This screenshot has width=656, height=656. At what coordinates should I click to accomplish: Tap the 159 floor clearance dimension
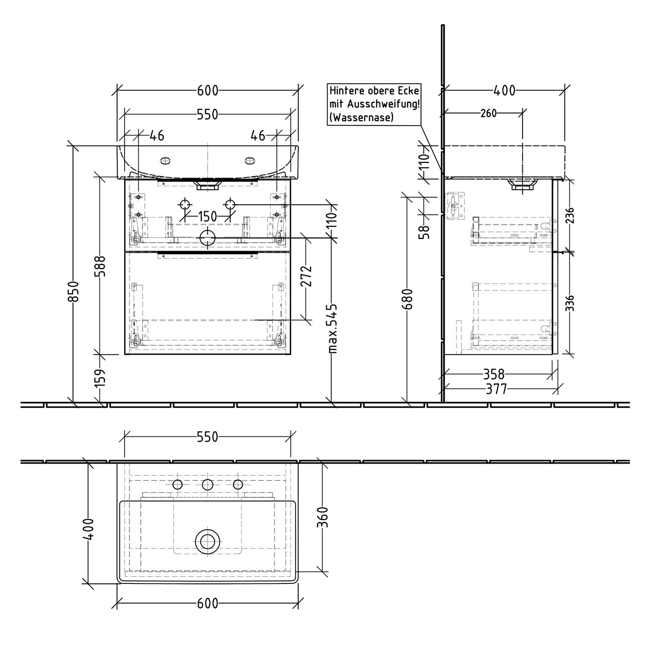[x=100, y=377]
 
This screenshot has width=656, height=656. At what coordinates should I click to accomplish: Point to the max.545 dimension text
[x=333, y=328]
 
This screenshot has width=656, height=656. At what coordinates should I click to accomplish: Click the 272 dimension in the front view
[x=307, y=276]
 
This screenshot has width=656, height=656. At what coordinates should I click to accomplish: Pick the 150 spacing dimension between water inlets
[x=207, y=216]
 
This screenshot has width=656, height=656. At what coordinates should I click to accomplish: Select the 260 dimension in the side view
[x=489, y=113]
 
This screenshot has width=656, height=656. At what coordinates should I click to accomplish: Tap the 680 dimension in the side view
[x=409, y=299]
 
